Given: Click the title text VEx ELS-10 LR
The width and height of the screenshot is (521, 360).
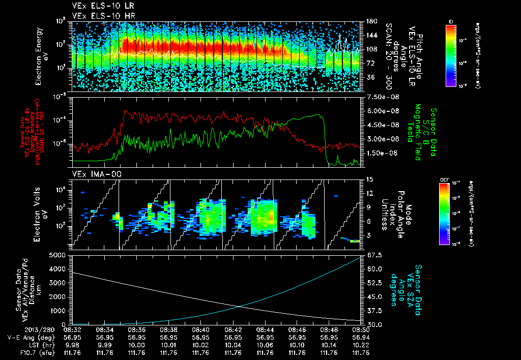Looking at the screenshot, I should (x=98, y=6).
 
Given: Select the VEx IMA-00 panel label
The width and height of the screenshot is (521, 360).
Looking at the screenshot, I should (x=93, y=174).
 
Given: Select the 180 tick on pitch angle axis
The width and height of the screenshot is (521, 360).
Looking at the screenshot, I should (x=370, y=21).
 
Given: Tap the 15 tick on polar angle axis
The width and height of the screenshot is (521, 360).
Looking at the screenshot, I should (x=368, y=179).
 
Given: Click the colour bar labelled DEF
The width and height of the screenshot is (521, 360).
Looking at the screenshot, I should (x=450, y=213).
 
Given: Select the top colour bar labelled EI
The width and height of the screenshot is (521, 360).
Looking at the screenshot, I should (x=450, y=55).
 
